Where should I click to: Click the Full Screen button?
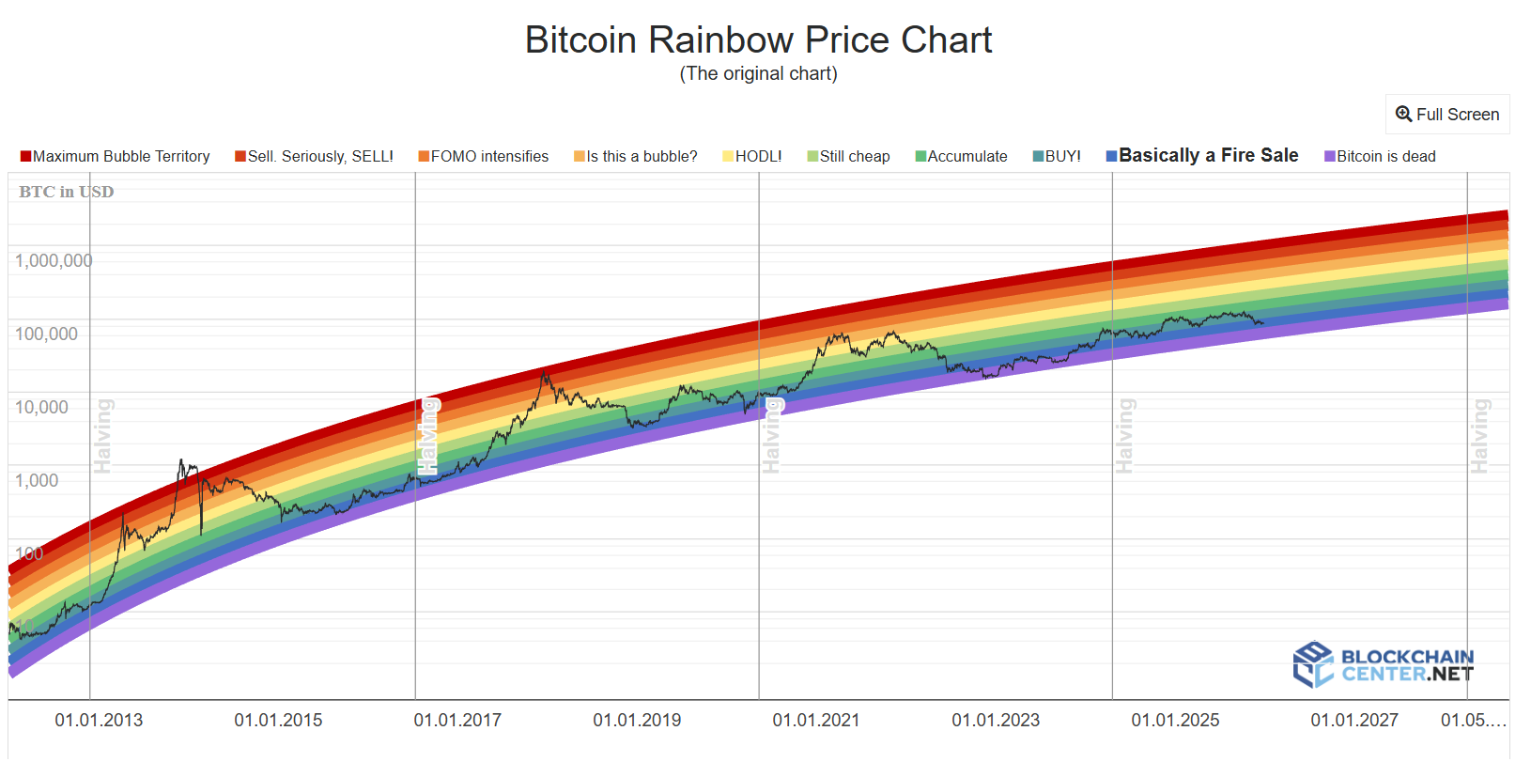1447,115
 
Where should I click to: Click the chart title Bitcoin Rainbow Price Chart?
758,40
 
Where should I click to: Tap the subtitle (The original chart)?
758,73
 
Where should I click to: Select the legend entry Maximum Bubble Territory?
116,157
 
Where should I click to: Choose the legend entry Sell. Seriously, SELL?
315,157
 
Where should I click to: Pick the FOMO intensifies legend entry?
484,157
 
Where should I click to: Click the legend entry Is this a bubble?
636,157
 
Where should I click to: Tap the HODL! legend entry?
752,157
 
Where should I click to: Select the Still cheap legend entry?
849,157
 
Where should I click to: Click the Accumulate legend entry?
962,157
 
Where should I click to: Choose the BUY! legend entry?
1058,157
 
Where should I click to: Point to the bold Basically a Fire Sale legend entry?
1203,156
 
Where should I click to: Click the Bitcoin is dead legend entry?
1381,157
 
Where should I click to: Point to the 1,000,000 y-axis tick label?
54,261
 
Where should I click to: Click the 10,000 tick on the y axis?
41,408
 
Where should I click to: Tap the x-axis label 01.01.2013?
99,721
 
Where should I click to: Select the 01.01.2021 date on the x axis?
816,721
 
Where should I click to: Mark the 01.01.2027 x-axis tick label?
1354,721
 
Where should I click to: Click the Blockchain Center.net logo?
1384,664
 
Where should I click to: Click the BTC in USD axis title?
66,192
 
